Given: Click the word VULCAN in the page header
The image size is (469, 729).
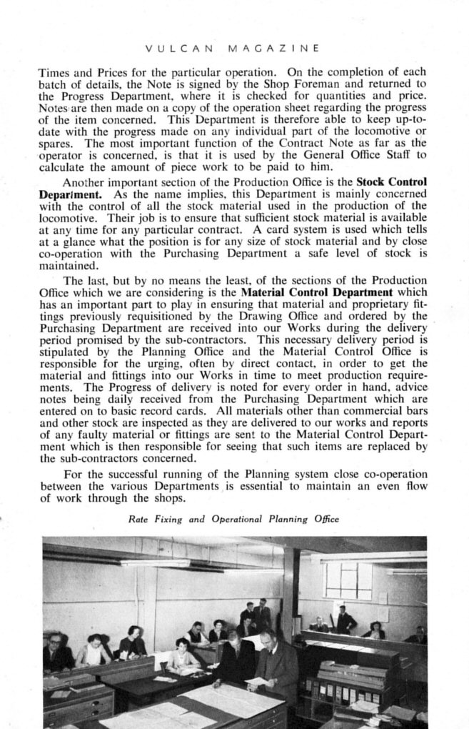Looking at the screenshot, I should point(175,50).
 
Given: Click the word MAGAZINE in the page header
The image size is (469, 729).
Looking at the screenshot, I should point(273,50).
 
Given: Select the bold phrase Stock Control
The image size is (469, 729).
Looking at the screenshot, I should point(391,182).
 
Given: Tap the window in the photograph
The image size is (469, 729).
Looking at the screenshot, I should point(348,580).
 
